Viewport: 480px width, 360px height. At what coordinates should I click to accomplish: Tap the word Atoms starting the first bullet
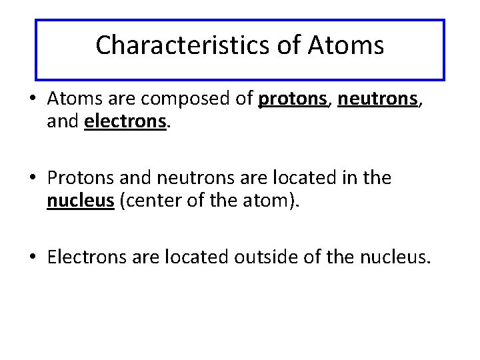click(73, 99)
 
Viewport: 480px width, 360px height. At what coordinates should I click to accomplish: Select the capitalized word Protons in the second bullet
click(82, 177)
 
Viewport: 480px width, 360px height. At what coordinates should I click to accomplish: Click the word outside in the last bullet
click(261, 255)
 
